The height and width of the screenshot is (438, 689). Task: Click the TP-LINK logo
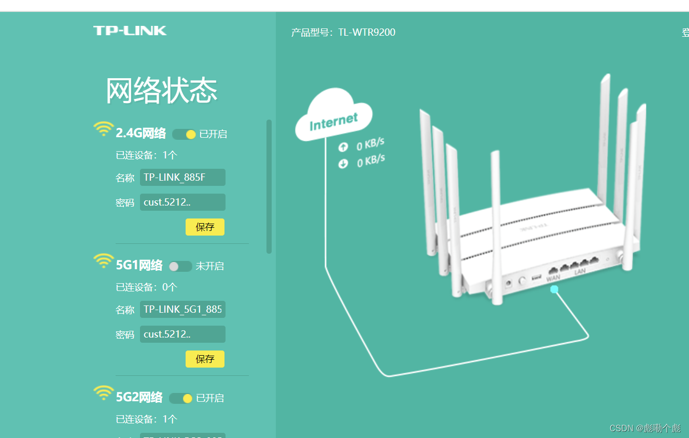130,31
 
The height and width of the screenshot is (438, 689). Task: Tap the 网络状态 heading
161,91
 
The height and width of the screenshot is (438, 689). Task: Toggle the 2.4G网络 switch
184,135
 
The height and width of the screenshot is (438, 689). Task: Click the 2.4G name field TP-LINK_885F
182,178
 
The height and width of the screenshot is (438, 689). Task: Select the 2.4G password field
182,202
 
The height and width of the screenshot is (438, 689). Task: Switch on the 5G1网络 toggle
180,266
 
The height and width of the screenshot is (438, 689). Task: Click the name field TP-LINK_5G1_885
182,310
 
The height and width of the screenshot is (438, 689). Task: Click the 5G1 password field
182,334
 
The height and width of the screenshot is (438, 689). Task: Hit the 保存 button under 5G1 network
205,359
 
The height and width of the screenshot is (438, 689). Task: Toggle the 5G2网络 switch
180,398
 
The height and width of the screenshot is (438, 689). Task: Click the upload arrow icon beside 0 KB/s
343,147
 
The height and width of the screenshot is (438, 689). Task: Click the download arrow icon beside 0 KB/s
343,164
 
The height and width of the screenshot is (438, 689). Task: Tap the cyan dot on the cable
554,289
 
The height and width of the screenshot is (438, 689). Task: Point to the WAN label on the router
553,278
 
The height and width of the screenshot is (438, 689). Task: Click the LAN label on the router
580,271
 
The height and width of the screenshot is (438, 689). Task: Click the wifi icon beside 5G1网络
104,260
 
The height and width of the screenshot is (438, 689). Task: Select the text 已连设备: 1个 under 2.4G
147,155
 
